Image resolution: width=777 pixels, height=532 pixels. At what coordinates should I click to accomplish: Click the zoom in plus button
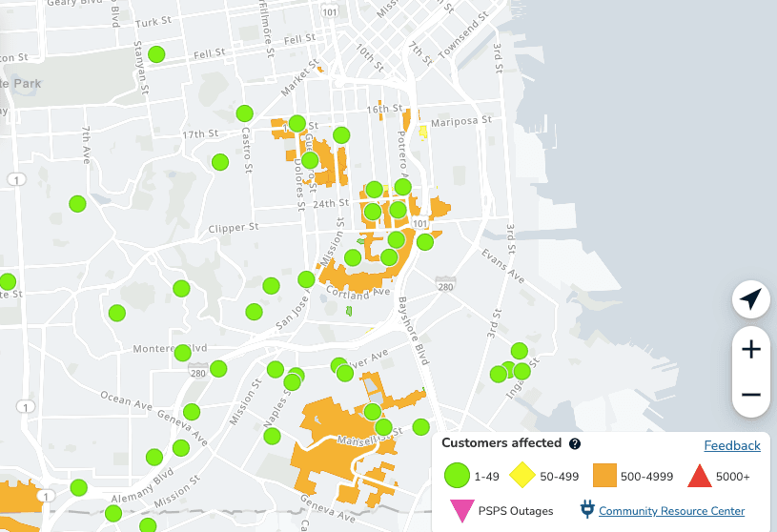751,349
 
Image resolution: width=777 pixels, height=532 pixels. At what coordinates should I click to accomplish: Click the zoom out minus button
751,394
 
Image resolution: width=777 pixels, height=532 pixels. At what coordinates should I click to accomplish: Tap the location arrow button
751,299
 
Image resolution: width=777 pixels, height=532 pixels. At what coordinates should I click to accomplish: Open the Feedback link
731,445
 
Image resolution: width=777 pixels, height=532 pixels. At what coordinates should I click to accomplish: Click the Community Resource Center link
671,511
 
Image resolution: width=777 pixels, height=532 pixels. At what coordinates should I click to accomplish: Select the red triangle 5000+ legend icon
700,475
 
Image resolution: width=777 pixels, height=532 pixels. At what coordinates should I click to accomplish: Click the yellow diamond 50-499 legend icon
520,475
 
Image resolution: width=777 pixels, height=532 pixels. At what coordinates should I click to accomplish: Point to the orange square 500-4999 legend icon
606,475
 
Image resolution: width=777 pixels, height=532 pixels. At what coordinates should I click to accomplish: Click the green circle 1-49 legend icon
458,475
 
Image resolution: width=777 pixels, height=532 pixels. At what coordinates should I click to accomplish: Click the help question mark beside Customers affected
575,444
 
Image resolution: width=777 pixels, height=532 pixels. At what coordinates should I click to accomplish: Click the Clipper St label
234,228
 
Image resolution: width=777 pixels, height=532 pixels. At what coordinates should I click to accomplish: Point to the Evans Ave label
502,267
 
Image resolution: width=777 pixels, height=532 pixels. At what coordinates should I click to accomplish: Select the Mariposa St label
460,121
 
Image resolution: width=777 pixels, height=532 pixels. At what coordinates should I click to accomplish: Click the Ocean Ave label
128,399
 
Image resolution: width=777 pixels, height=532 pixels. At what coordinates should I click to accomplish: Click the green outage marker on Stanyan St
156,54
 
